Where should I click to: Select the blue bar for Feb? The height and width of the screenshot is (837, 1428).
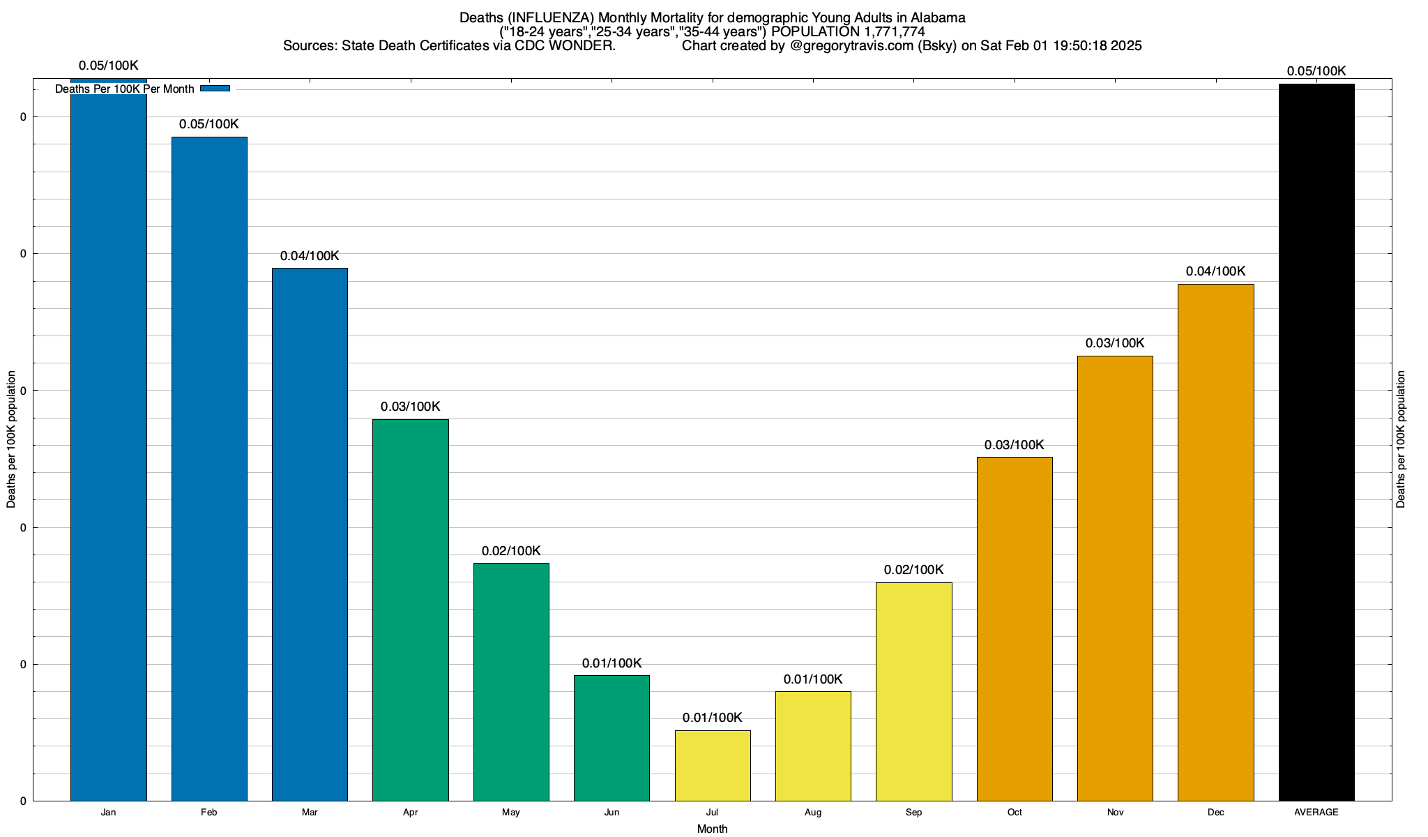[209, 467]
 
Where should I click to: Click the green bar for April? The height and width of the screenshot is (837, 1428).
[410, 610]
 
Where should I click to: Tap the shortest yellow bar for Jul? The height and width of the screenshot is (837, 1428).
[713, 765]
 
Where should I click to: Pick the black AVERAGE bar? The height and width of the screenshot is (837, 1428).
[1316, 442]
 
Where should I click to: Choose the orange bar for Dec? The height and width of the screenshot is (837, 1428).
[1215, 542]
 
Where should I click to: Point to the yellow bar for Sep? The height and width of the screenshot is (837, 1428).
[913, 691]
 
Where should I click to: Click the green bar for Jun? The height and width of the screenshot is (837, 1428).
[612, 738]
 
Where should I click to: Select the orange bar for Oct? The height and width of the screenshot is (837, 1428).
[1015, 628]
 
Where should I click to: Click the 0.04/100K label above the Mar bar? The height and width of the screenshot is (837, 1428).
[310, 256]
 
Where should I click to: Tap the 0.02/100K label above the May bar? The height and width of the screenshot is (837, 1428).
[511, 551]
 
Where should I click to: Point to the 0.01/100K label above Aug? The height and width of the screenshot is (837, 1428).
[813, 679]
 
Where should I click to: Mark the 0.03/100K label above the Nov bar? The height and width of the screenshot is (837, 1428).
[1115, 343]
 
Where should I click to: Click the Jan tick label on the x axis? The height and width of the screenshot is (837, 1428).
[108, 813]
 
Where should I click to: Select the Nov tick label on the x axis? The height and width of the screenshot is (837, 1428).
[1115, 813]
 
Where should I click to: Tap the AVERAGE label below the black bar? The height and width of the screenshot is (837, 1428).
[1316, 813]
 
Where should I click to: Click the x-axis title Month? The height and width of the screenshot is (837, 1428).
[712, 829]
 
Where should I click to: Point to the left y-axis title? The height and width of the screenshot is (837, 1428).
[11, 439]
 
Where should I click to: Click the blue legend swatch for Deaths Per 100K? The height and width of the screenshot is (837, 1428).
[215, 89]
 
